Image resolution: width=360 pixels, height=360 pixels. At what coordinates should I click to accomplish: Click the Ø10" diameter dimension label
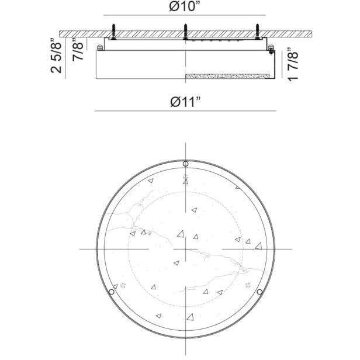click(185, 6)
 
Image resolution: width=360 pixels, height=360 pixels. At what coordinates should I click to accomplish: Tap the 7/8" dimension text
click(77, 51)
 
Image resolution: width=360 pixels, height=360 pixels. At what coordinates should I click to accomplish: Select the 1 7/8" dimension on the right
click(295, 66)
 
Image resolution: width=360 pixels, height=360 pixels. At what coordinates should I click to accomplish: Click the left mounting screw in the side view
click(113, 30)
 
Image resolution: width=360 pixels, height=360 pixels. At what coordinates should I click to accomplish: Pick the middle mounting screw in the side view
click(185, 30)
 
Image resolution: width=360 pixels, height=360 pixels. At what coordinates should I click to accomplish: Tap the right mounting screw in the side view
click(257, 30)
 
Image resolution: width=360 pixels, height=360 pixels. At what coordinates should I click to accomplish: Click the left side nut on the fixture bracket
click(100, 47)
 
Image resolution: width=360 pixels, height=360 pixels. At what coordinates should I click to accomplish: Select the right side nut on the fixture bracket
click(271, 47)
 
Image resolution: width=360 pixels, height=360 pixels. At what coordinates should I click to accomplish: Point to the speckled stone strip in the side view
click(229, 76)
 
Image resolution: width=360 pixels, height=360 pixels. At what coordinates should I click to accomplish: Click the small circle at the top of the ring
click(185, 164)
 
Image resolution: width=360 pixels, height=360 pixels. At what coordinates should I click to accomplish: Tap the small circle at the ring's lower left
click(111, 292)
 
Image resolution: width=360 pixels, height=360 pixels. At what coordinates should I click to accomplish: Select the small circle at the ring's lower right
click(259, 292)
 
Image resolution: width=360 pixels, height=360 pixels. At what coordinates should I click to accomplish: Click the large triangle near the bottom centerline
click(190, 317)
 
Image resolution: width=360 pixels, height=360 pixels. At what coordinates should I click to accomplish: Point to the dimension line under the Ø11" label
click(185, 110)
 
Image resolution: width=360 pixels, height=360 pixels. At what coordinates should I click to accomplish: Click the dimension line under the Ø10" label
click(185, 15)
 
